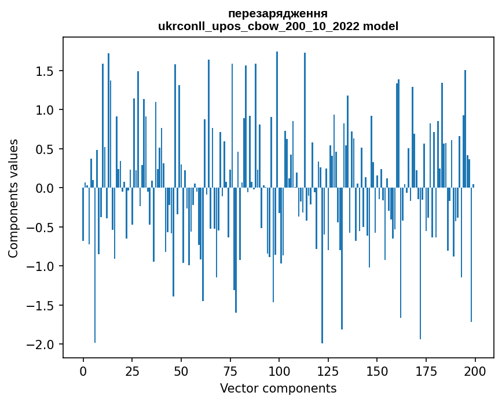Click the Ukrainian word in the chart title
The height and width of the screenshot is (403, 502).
[x=278, y=13]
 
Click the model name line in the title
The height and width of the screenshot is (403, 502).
[x=278, y=26]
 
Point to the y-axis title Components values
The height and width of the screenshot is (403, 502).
[x=13, y=198]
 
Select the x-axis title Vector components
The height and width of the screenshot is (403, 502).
[x=278, y=388]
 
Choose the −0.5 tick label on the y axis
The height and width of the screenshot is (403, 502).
[x=41, y=228]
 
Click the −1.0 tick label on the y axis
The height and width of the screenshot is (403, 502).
[x=41, y=266]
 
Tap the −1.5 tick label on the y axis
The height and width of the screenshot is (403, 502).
[x=41, y=306]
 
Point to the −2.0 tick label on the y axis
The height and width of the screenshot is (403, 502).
[x=41, y=345]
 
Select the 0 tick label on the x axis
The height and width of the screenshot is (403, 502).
[x=83, y=371]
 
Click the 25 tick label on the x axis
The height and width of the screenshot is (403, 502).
[x=132, y=371]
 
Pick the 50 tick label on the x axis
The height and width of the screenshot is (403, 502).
[x=181, y=371]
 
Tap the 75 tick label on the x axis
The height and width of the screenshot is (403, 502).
[x=230, y=371]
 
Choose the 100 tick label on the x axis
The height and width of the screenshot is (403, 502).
[x=279, y=371]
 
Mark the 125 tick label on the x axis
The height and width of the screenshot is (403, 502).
[x=328, y=371]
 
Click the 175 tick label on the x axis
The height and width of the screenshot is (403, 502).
[x=426, y=371]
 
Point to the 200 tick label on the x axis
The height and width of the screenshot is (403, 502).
[x=475, y=371]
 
